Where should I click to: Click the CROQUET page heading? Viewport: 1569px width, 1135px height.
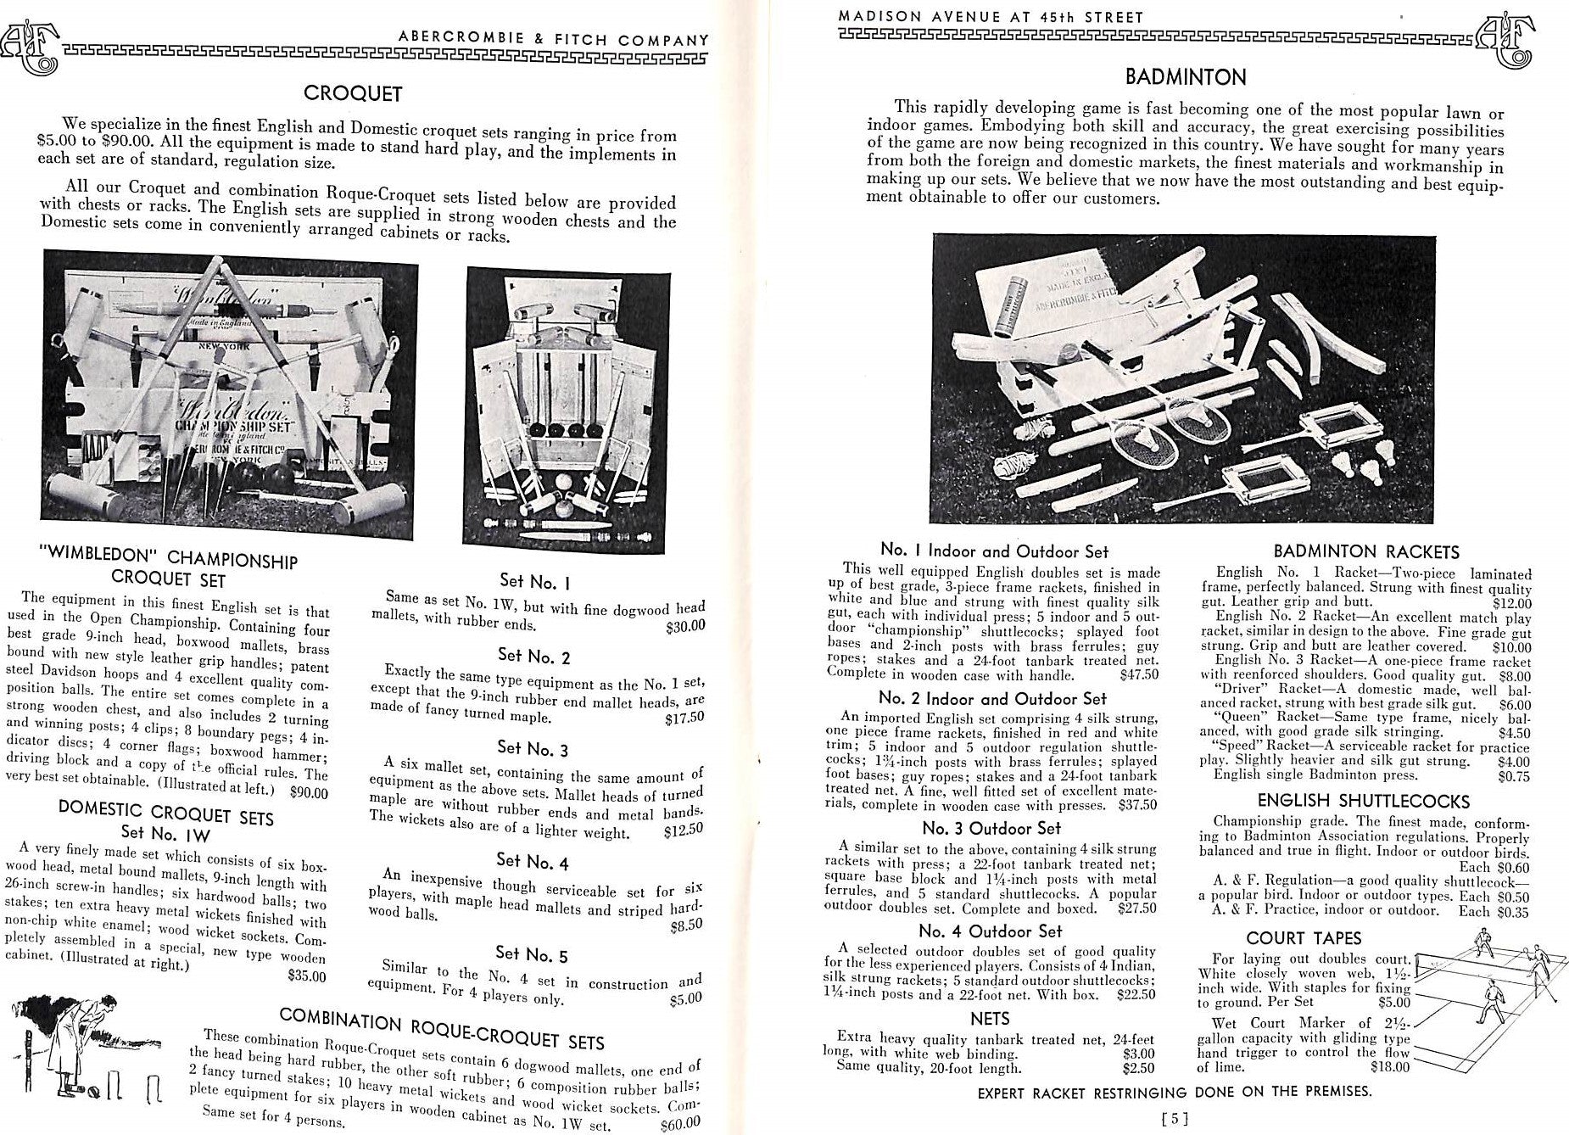point(353,93)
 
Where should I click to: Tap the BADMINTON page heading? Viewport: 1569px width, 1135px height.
point(1186,77)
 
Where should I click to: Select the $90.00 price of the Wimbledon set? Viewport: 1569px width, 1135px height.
point(309,793)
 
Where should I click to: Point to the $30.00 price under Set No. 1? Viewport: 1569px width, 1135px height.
point(685,627)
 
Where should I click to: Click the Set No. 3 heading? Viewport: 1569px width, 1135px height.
point(533,748)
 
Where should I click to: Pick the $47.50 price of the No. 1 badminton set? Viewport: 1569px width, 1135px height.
point(1138,675)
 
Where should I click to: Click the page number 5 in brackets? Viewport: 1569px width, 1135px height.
point(1175,1118)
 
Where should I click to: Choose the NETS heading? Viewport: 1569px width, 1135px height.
point(990,1018)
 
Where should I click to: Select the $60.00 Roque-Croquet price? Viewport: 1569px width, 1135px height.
point(680,1124)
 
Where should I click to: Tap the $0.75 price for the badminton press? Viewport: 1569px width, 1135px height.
point(1514,775)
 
